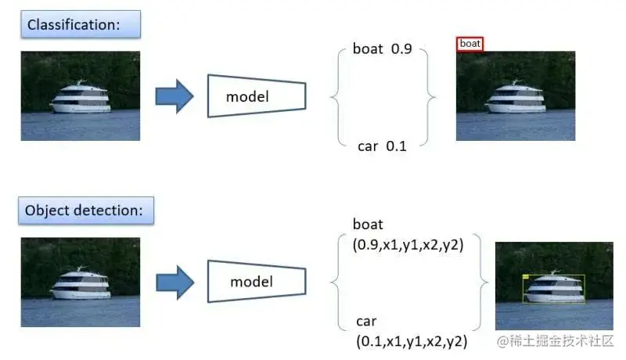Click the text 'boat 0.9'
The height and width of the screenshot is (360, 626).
[x=382, y=49]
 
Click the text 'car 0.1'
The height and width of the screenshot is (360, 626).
[x=382, y=146]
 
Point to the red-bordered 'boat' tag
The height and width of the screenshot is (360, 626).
[x=470, y=44]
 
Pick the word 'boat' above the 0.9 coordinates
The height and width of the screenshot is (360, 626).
[x=368, y=225]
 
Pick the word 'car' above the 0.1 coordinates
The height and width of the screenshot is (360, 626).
[x=366, y=322]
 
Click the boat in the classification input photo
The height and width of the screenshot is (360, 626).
[x=81, y=100]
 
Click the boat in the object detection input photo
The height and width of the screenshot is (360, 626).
[x=81, y=285]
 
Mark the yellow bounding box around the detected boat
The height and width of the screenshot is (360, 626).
[x=553, y=289]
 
